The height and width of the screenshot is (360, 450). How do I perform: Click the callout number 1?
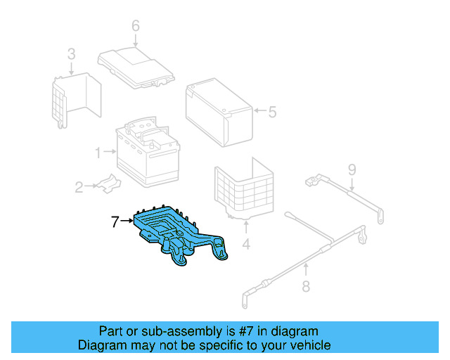(98, 150)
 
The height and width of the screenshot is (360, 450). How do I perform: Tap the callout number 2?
(79, 187)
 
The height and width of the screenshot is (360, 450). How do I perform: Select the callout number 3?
(71, 53)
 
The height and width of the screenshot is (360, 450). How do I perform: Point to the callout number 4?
(246, 245)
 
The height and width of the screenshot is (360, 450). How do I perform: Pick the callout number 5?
(273, 111)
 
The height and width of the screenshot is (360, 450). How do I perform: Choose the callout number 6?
(136, 27)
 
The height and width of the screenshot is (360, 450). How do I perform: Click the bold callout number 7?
(115, 222)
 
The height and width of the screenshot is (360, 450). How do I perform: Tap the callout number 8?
(305, 286)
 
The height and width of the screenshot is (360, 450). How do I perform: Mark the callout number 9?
(352, 169)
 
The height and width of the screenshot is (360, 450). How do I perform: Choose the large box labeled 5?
(217, 111)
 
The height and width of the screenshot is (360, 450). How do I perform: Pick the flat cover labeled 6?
(136, 66)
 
